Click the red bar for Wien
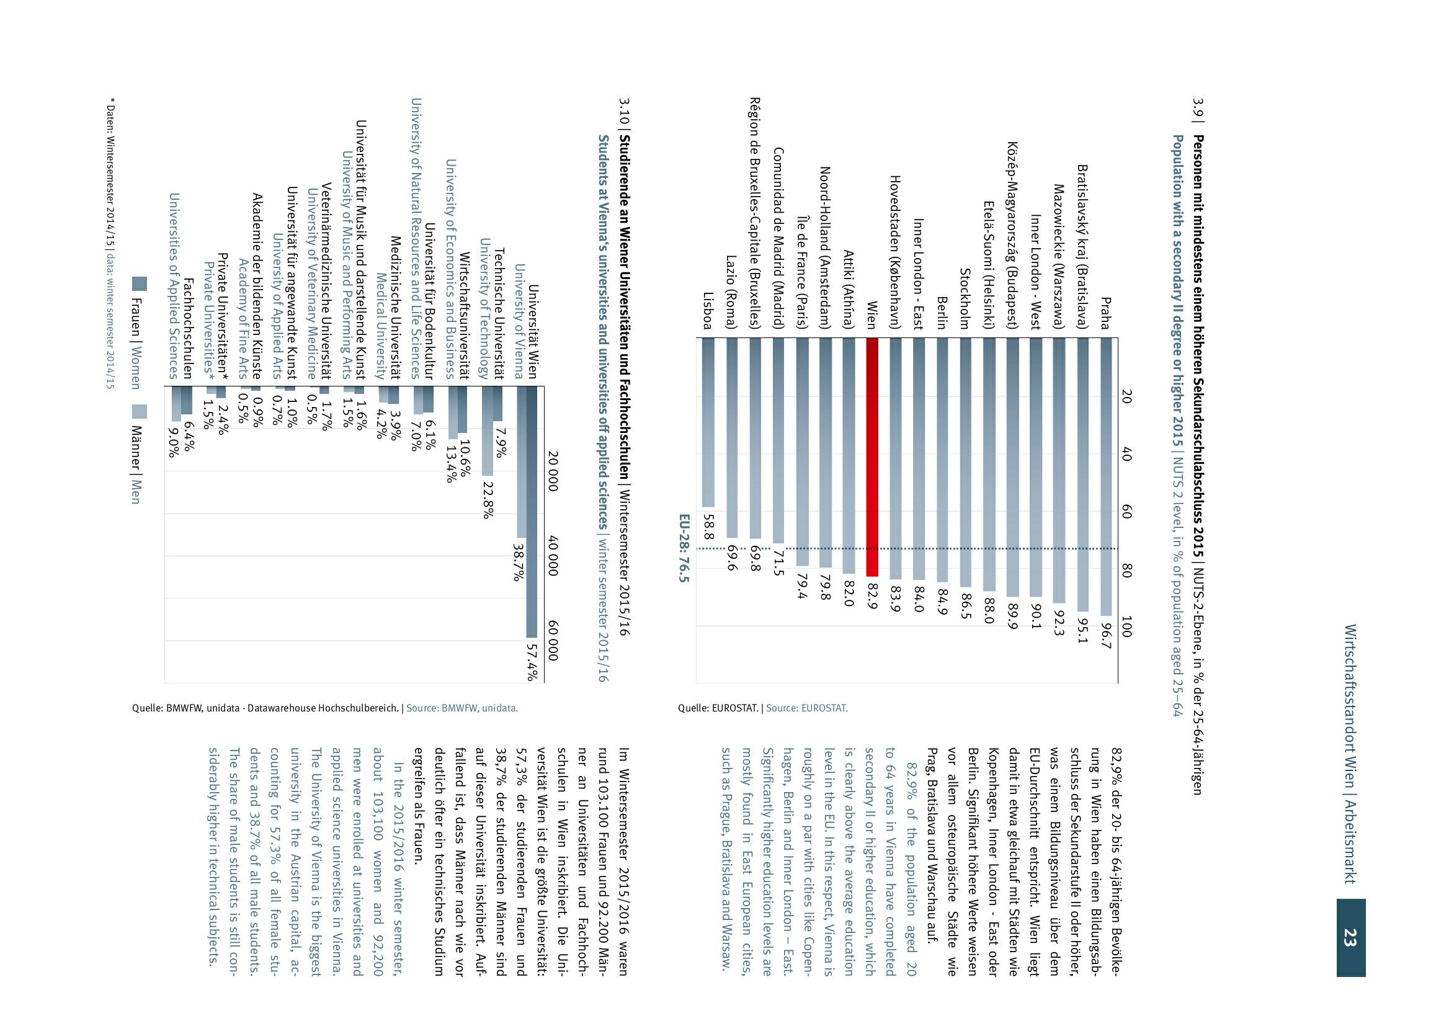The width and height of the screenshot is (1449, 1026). (x=872, y=456)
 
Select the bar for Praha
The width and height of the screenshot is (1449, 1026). (x=1106, y=476)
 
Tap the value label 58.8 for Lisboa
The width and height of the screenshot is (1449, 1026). (x=708, y=527)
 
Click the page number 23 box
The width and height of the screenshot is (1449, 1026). (x=1350, y=937)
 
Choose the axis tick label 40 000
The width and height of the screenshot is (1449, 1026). (x=553, y=556)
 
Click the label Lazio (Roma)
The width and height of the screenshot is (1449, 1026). (x=732, y=293)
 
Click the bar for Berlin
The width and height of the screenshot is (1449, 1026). (x=942, y=459)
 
